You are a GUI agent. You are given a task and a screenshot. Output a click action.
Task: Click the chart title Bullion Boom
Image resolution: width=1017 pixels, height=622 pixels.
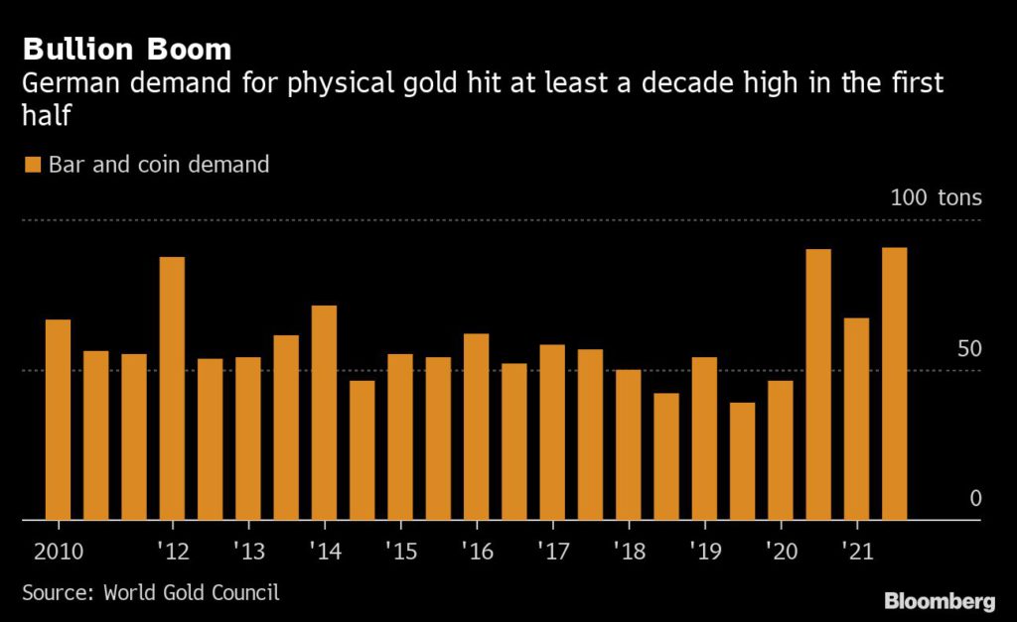pos(127,49)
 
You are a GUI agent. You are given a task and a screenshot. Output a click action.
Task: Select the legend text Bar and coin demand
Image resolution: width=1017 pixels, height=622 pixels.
pos(159,165)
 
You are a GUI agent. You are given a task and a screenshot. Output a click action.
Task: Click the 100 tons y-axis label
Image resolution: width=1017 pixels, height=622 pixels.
pos(936,197)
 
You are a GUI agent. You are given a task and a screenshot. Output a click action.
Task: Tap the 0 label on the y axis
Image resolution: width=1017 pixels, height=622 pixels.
pos(975,498)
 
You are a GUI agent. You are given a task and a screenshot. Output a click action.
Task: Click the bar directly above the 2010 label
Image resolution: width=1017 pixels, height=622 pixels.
pos(58,420)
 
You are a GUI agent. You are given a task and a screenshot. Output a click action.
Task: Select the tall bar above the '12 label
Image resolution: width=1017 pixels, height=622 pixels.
pos(172,388)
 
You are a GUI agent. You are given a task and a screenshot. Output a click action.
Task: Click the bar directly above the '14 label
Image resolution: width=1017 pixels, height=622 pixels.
pos(324,412)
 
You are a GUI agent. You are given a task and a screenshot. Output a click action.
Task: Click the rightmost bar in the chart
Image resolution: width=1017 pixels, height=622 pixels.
pos(894,383)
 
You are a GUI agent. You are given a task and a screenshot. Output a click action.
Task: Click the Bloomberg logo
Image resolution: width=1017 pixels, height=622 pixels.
pos(939,601)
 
